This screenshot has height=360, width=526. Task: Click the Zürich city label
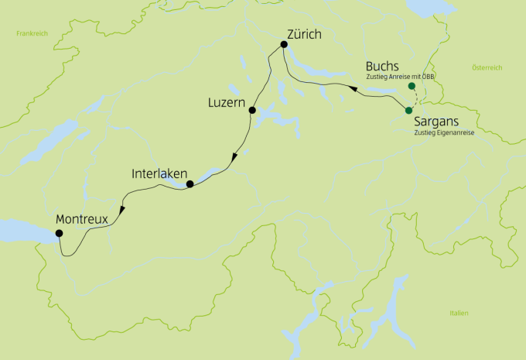click(303, 34)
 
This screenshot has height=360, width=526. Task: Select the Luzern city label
click(227, 102)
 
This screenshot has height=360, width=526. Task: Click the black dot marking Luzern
click(251, 111)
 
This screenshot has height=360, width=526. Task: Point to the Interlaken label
click(158, 175)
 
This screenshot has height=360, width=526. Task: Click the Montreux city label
click(81, 219)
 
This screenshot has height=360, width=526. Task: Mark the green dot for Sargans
click(408, 111)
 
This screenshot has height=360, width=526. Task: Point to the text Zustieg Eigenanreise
click(443, 133)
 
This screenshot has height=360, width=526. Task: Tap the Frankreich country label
click(32, 34)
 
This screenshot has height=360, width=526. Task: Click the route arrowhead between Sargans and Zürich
click(352, 91)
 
